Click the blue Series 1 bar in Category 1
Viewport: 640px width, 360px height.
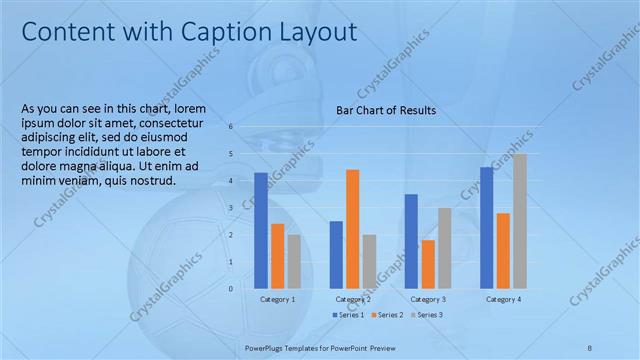click(261, 230)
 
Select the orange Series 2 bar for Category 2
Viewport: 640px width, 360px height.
click(353, 229)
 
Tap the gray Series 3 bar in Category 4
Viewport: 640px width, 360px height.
click(520, 221)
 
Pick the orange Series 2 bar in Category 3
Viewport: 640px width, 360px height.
click(428, 264)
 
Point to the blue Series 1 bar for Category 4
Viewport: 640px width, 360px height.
click(486, 227)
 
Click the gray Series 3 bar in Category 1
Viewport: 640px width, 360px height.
click(294, 261)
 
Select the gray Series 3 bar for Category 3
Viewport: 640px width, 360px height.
click(445, 248)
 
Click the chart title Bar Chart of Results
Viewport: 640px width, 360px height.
click(385, 110)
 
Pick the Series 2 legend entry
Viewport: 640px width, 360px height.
click(387, 315)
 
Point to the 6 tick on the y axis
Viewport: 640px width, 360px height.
click(230, 127)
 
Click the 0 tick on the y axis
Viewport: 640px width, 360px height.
click(230, 289)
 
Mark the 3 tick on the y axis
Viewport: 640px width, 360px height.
click(230, 208)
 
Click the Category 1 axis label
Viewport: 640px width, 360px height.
click(277, 299)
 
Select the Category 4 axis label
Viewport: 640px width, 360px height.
click(503, 299)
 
